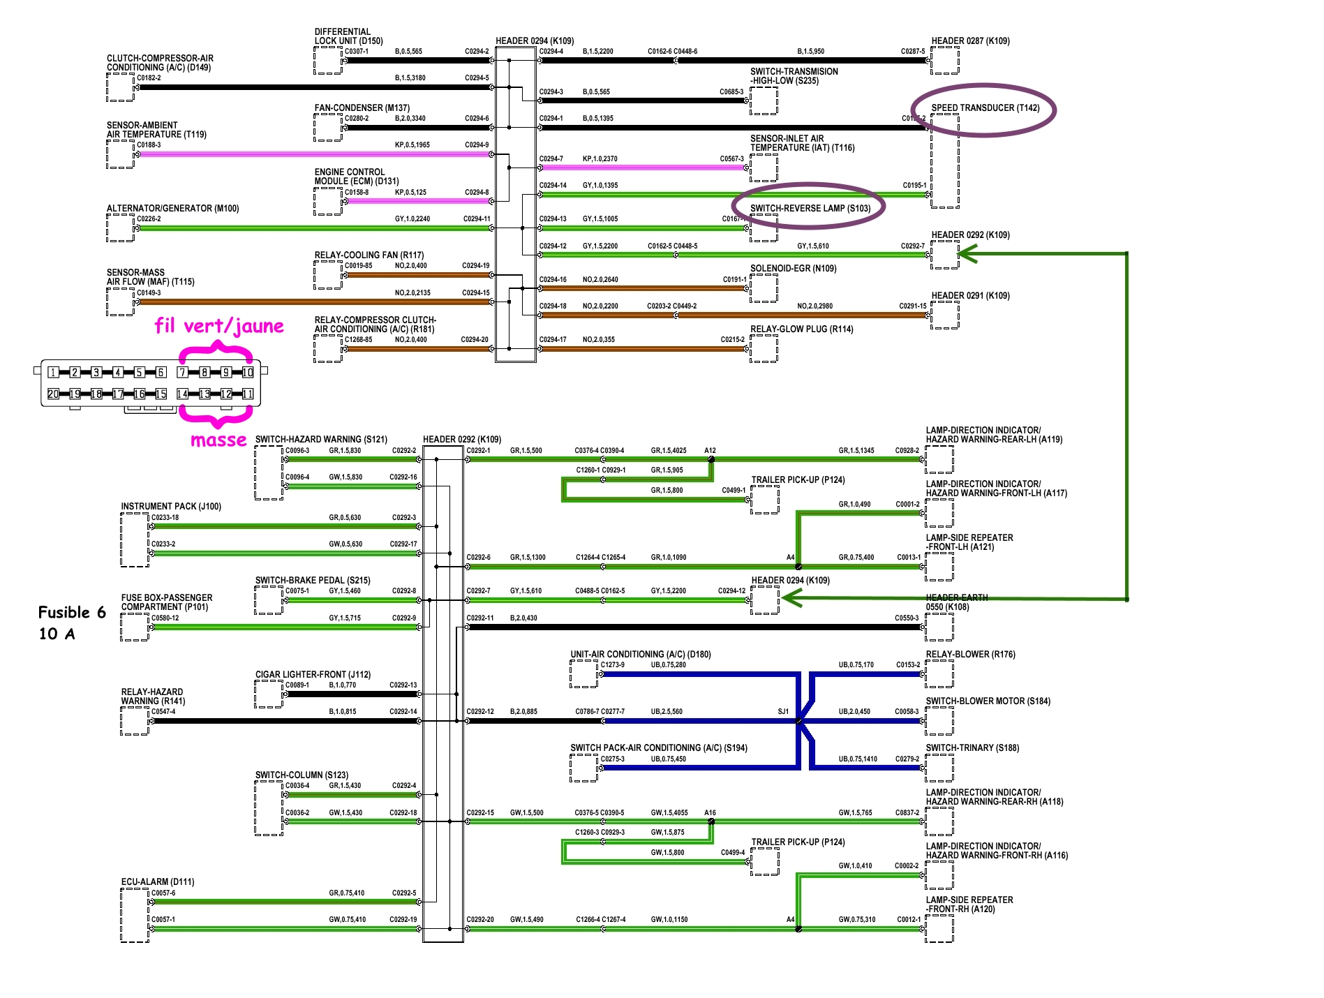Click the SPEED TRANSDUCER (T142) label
coord(985,108)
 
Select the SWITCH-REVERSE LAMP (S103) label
coord(810,208)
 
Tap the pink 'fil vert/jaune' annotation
coord(219,326)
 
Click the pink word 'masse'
coord(218,440)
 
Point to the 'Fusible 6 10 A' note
coord(71,623)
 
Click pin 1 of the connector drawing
coord(53,372)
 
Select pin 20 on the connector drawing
coord(53,394)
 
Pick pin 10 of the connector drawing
coord(247,372)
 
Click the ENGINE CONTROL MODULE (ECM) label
coord(356,177)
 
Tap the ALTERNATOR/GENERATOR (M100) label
coord(172,209)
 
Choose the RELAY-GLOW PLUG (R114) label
coord(801,329)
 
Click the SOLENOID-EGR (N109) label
coord(793,269)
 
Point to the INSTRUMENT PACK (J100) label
coord(171,507)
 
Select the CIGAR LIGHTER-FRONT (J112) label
coord(313,675)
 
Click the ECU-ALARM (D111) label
coord(158,882)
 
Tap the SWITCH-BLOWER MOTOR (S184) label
coord(988,701)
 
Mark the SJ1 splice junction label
coord(783,712)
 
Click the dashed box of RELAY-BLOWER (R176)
coord(939,673)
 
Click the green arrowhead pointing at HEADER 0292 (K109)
coord(967,255)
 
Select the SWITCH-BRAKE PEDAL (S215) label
coord(313,581)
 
